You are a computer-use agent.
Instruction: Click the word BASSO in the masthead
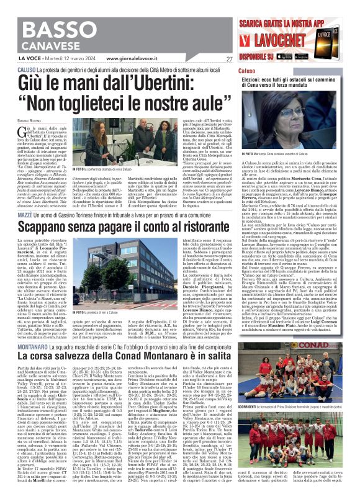60,30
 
